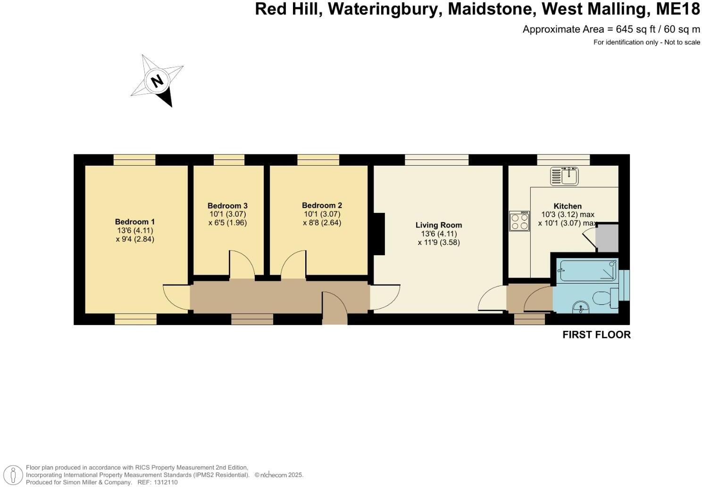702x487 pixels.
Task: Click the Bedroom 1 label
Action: [x=135, y=222]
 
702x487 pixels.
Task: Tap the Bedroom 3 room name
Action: [x=227, y=206]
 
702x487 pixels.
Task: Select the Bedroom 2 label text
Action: [x=322, y=205]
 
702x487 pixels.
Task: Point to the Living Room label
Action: [x=438, y=225]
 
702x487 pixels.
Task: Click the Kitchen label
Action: [x=568, y=206]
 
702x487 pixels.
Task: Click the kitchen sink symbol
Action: [x=564, y=176]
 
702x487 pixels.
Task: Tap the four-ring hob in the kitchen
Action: [x=519, y=221]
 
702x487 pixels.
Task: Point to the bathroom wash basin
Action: [x=581, y=307]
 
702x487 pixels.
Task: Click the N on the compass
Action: [x=157, y=81]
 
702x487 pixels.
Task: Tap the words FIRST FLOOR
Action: [x=596, y=335]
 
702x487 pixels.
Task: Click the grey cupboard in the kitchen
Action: [x=607, y=237]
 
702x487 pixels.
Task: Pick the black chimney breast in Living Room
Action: [x=379, y=234]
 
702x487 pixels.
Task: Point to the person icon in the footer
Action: [x=16, y=475]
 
